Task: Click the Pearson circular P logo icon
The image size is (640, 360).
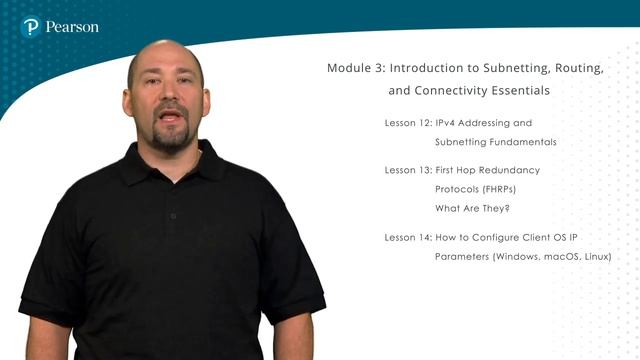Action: click(31, 27)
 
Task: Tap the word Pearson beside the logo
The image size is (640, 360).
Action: click(72, 27)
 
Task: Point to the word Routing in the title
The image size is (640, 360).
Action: click(578, 68)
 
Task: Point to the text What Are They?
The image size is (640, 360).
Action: click(472, 208)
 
